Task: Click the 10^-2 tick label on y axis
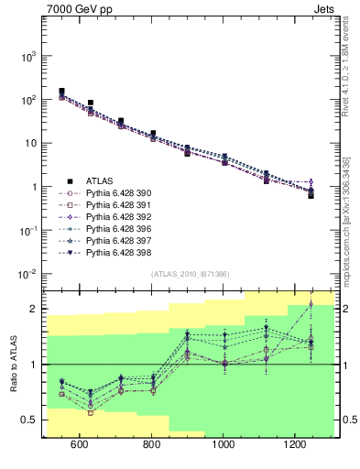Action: [x=26, y=274]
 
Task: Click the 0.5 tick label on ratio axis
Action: [x=29, y=420]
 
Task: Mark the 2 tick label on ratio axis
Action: [x=33, y=309]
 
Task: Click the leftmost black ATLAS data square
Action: [x=61, y=92]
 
